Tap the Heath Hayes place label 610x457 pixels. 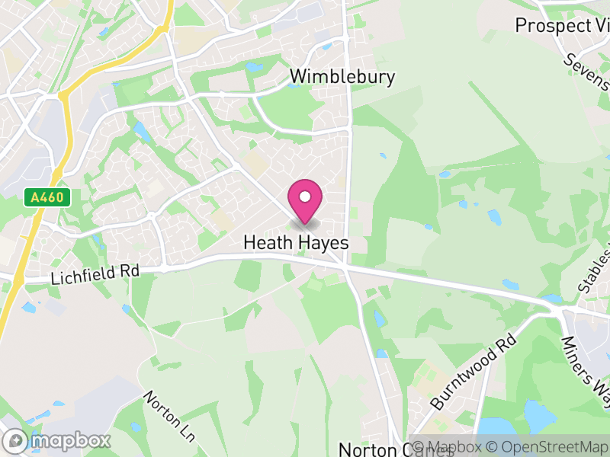click(296, 243)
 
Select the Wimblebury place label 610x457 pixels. click(342, 77)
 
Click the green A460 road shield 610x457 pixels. click(47, 198)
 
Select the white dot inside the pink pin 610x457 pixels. click(305, 197)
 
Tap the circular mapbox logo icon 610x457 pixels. click(16, 440)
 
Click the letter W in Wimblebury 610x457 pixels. click(299, 77)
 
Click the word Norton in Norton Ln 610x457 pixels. click(158, 404)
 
